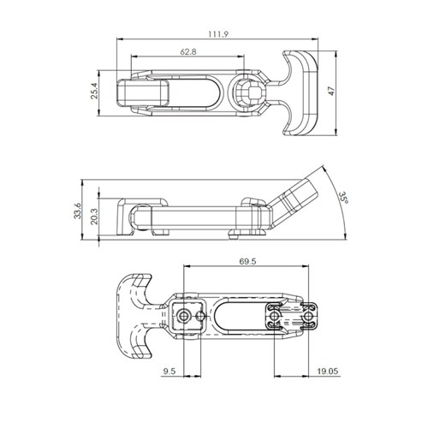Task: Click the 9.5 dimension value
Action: click(x=169, y=371)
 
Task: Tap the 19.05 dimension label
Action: click(x=325, y=371)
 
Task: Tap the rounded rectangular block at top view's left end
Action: click(x=143, y=92)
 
